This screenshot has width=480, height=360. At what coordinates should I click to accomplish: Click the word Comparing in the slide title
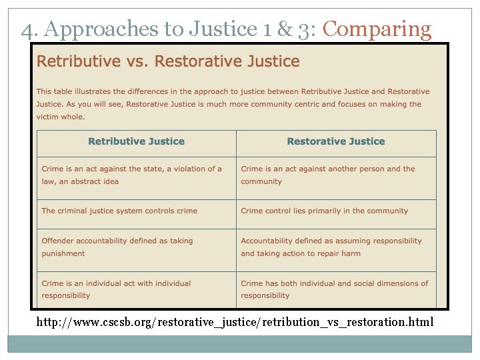(377, 29)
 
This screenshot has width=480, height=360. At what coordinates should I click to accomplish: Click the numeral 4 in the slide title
(26, 30)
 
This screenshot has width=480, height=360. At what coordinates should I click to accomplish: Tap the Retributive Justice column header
(136, 141)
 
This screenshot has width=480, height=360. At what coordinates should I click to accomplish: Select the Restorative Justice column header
(336, 141)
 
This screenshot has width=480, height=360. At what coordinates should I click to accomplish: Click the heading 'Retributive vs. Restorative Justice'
(168, 62)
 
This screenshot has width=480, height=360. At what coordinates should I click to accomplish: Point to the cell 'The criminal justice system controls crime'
(120, 211)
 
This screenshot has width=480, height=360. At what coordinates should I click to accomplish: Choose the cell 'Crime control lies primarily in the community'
(325, 211)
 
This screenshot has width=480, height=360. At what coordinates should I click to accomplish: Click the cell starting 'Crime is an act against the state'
(132, 175)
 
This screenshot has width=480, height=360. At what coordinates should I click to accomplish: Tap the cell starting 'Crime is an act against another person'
(328, 175)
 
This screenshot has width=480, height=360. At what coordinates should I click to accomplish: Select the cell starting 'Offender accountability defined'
(117, 247)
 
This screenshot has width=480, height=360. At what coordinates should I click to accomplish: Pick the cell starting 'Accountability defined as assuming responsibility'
(331, 247)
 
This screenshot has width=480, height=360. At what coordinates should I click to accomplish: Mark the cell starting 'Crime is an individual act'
(117, 289)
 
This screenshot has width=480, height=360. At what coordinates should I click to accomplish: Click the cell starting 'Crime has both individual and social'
(335, 289)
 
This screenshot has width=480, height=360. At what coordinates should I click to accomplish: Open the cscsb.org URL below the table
(235, 323)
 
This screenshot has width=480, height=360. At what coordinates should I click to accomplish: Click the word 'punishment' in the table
(63, 253)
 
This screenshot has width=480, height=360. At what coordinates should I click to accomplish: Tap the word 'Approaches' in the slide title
(90, 30)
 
